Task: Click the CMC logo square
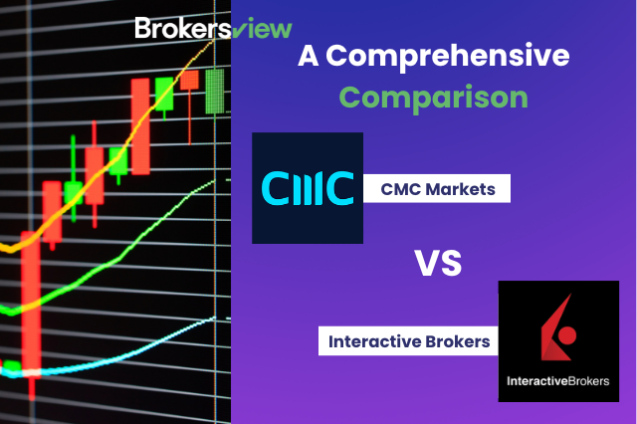click(308, 187)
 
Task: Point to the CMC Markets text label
click(438, 187)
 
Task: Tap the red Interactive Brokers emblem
click(550, 327)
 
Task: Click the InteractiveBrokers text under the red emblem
click(550, 382)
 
